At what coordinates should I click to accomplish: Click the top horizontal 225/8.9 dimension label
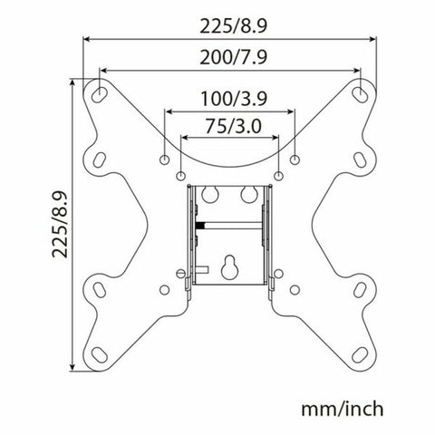(230, 26)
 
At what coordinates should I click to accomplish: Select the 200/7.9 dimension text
(230, 56)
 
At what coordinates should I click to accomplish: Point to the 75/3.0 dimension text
(230, 126)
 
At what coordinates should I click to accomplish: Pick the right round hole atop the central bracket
(246, 193)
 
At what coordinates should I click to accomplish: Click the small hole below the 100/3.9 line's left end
(164, 159)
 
